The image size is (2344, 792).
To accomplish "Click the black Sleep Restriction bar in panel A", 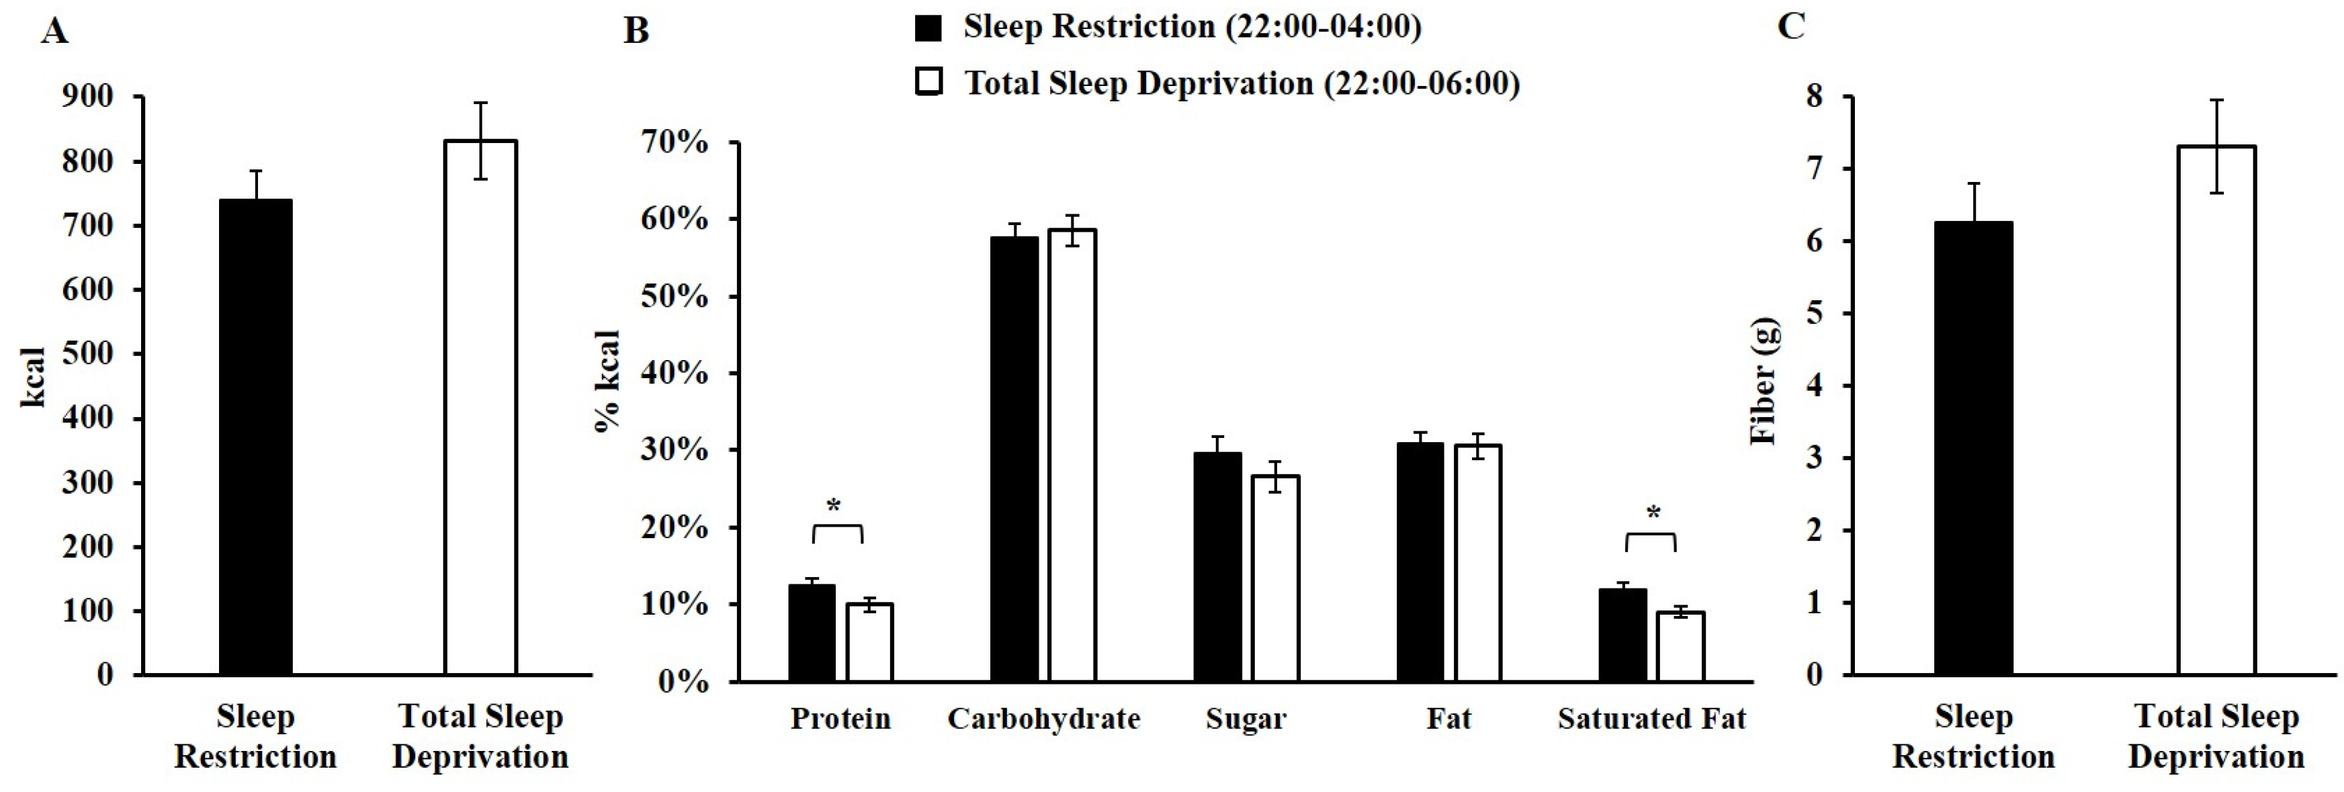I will tap(256, 437).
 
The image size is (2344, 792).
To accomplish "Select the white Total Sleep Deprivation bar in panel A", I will tap(480, 408).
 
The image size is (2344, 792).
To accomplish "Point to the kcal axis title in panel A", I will tap(34, 377).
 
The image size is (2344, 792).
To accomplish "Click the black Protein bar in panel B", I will tap(812, 633).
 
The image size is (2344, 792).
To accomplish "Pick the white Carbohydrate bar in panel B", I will tap(1072, 455).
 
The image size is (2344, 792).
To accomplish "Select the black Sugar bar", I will tap(1217, 566).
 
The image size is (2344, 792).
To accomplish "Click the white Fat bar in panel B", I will tap(1478, 562).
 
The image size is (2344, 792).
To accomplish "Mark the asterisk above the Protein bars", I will tap(834, 506).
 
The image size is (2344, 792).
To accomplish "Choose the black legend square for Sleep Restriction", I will tap(927, 28).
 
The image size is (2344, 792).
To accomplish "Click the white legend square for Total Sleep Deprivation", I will tap(927, 82).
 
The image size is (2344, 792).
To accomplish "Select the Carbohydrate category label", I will tap(1044, 719).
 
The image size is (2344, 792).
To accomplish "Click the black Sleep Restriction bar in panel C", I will tap(1972, 448).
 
